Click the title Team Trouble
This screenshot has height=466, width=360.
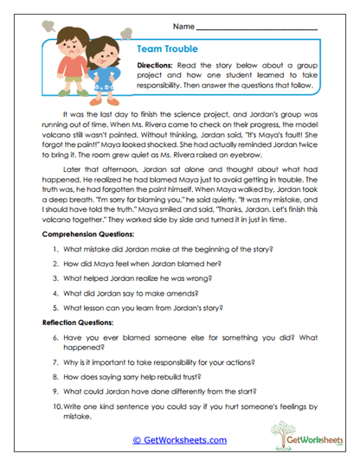pos(170,50)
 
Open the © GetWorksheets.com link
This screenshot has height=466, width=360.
pos(180,439)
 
